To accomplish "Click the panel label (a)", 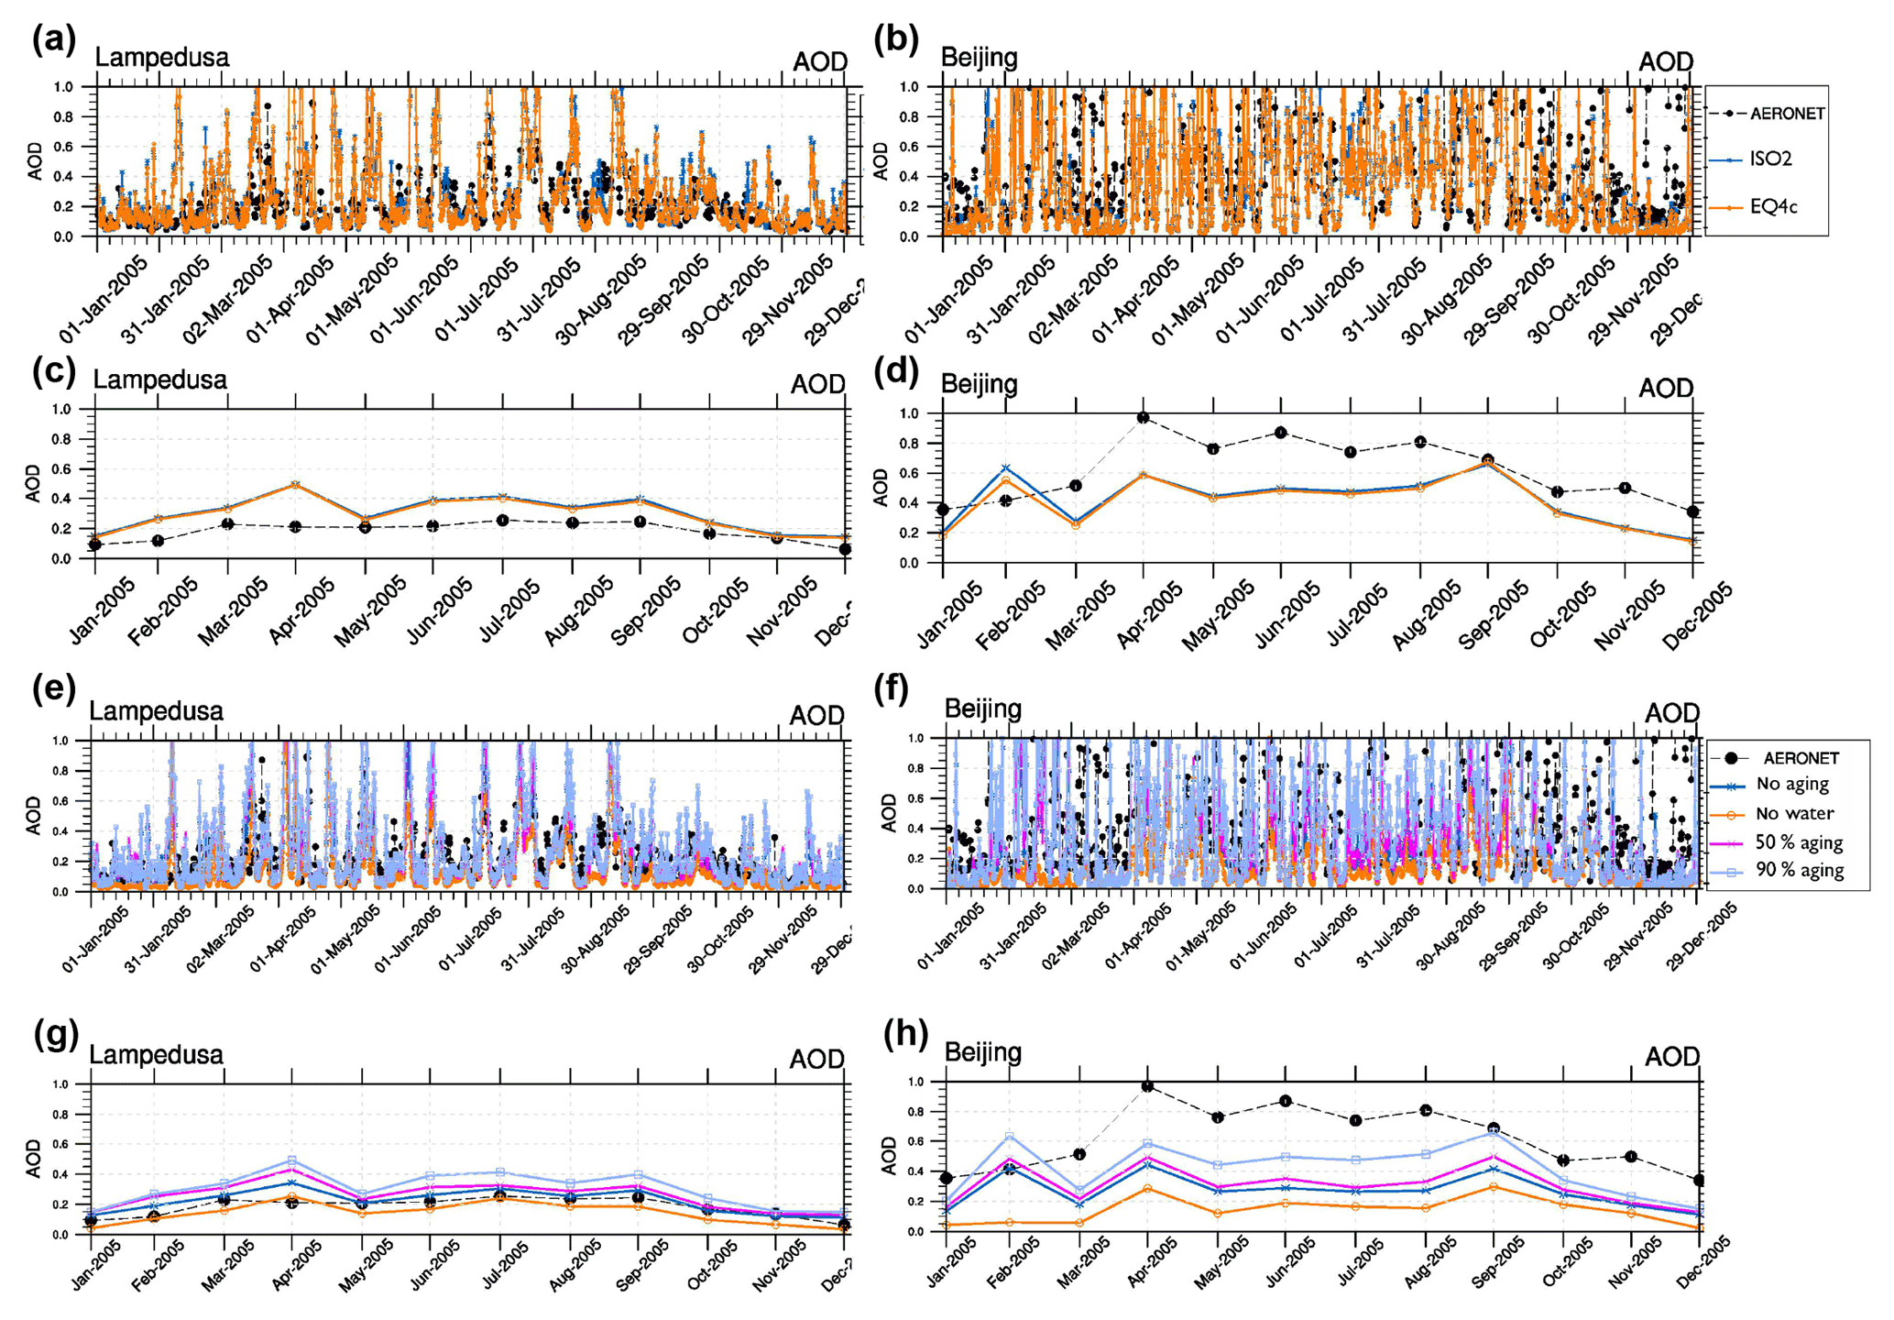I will pos(53,41).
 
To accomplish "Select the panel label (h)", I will pos(905,1034).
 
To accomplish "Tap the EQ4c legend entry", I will pos(1773,207).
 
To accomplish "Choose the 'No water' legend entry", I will pos(1794,813).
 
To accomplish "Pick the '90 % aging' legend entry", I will pos(1799,870).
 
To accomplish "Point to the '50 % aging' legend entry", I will pos(1799,841).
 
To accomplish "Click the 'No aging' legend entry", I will pos(1791,784).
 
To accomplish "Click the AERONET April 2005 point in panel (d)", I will pos(1143,418).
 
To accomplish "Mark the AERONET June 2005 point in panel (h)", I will pos(1286,1101).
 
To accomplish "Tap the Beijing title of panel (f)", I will pos(983,709).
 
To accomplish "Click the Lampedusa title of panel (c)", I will pos(160,379).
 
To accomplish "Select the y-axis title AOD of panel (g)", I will pos(33,1159).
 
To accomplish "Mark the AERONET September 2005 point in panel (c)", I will pos(640,522).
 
